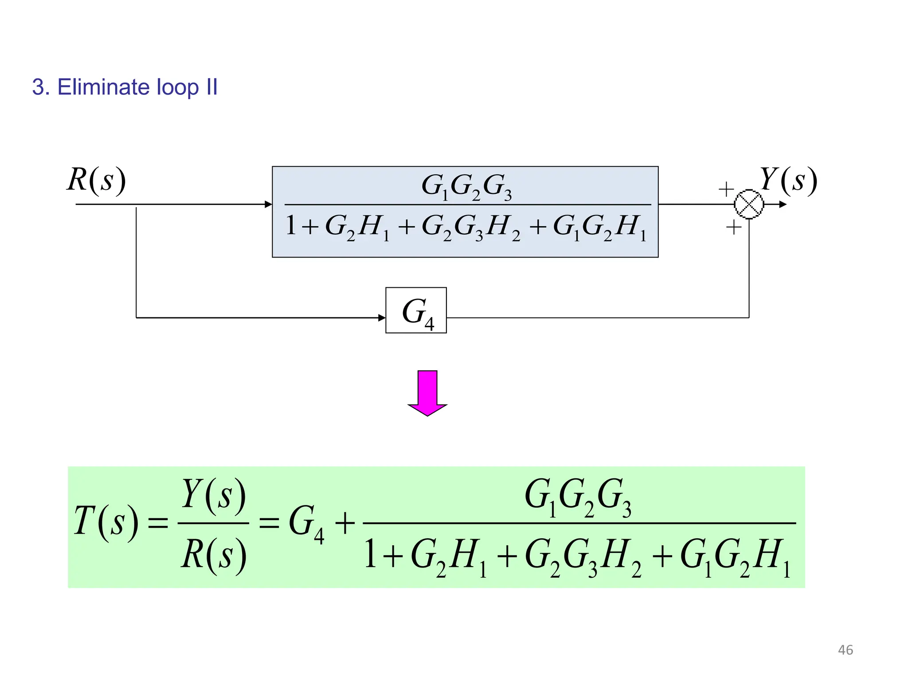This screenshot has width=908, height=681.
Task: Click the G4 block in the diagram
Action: click(x=416, y=310)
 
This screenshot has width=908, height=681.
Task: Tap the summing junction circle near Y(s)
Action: click(x=749, y=204)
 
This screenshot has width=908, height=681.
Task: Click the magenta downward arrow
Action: click(x=427, y=393)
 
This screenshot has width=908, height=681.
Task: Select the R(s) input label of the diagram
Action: click(x=96, y=180)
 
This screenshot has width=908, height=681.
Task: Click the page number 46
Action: click(x=845, y=650)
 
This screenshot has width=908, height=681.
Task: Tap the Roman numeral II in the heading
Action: click(x=211, y=87)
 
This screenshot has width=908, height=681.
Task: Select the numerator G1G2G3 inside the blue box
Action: click(x=466, y=186)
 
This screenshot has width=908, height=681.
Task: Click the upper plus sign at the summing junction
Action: click(x=726, y=189)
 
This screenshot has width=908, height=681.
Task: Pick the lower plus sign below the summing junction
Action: click(x=734, y=228)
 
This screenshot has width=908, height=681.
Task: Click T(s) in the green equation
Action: click(x=106, y=522)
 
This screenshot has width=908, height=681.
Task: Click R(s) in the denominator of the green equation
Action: click(x=213, y=555)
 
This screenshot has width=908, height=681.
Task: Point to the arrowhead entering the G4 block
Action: click(x=382, y=317)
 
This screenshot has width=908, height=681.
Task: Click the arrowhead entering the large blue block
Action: click(x=268, y=204)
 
